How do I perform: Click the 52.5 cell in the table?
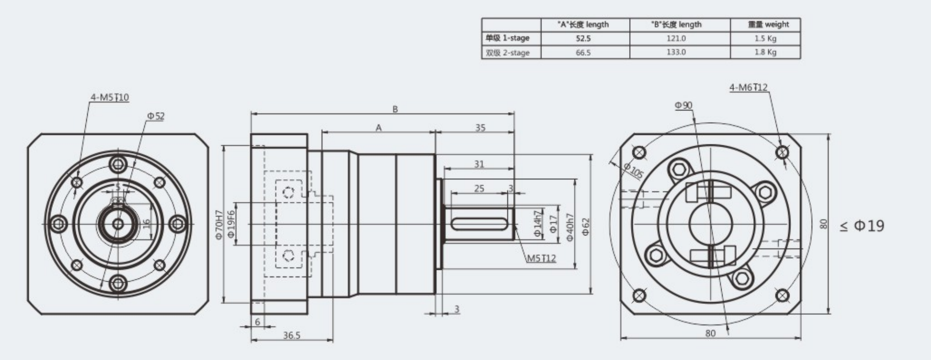(x=583, y=39)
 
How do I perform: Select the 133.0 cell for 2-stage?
(x=676, y=52)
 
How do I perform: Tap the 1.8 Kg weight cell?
(x=765, y=52)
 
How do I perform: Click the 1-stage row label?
(x=507, y=38)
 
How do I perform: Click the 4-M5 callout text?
(x=109, y=98)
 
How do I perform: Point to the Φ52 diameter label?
(x=156, y=116)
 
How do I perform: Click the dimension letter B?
(x=395, y=109)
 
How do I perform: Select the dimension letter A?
(x=378, y=128)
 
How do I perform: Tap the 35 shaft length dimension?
(x=480, y=128)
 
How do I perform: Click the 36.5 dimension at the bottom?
(x=291, y=335)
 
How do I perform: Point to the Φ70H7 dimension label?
(x=219, y=225)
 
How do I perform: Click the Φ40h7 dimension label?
(x=570, y=227)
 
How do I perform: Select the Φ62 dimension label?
(x=586, y=226)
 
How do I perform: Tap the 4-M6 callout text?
(x=748, y=87)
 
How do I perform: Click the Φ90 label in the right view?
(x=683, y=105)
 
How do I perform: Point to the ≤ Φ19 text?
(x=862, y=226)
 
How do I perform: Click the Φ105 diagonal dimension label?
(x=632, y=170)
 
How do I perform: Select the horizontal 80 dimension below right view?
(x=710, y=333)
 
